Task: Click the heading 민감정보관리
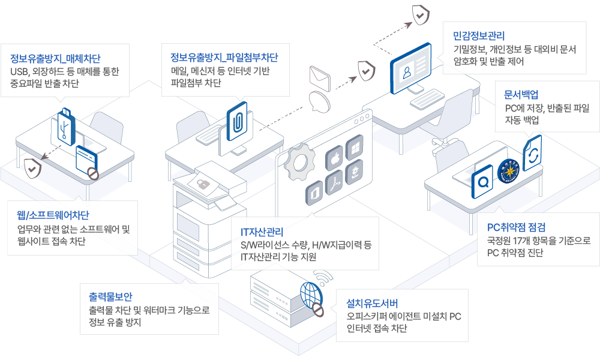click(x=479, y=35)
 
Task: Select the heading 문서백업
click(x=521, y=94)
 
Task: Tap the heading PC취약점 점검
click(x=518, y=227)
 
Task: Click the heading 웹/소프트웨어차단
click(x=54, y=215)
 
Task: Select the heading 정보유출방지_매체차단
click(x=55, y=58)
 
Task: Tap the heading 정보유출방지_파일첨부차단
click(x=224, y=58)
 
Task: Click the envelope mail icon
click(x=320, y=77)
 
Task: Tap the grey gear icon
click(x=298, y=163)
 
